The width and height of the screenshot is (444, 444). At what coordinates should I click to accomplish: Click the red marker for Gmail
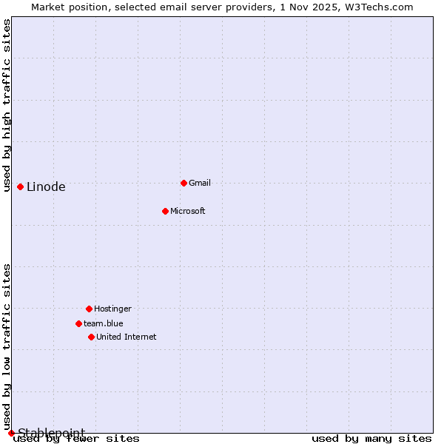click(184, 183)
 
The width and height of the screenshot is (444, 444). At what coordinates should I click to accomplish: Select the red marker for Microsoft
click(165, 211)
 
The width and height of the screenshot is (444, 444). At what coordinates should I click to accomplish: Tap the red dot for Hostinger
click(89, 309)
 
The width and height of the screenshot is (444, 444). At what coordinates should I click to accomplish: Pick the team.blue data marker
click(78, 323)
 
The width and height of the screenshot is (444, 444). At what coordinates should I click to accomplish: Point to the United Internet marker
click(91, 337)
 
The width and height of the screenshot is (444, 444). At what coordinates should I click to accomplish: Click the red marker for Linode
click(20, 186)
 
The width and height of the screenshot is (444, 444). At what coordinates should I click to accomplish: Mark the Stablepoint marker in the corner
click(11, 433)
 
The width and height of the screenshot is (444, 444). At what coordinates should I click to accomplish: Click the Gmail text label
click(200, 183)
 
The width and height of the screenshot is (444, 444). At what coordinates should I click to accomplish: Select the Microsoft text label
click(188, 211)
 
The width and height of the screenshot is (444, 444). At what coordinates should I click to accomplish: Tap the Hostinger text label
click(112, 309)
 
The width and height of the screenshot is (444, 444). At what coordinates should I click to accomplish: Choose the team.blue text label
click(104, 323)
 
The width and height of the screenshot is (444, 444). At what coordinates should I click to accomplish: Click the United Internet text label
click(127, 337)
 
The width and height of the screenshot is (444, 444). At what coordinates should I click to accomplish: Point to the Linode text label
click(46, 186)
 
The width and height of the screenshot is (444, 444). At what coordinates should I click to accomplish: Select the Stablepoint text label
click(51, 433)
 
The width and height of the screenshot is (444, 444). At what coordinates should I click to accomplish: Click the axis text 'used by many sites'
click(371, 439)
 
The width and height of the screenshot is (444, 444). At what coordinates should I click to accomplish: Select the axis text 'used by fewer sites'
click(76, 439)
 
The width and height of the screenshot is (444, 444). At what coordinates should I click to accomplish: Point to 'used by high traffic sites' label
click(7, 105)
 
